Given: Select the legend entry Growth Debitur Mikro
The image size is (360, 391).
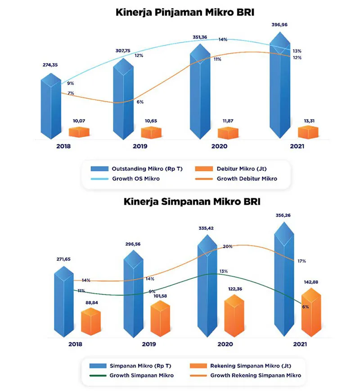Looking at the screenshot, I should point(247,178).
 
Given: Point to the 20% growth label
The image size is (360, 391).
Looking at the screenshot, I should point(228,246).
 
